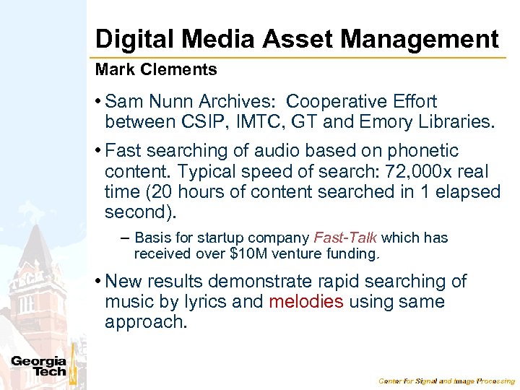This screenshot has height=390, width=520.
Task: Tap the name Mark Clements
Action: coord(156,70)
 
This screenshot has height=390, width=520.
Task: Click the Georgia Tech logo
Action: coord(39,366)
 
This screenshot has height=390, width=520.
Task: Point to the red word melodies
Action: coord(305,301)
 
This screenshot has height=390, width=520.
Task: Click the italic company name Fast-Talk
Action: coord(345,238)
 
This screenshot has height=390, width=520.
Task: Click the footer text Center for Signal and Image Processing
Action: coord(447,381)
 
